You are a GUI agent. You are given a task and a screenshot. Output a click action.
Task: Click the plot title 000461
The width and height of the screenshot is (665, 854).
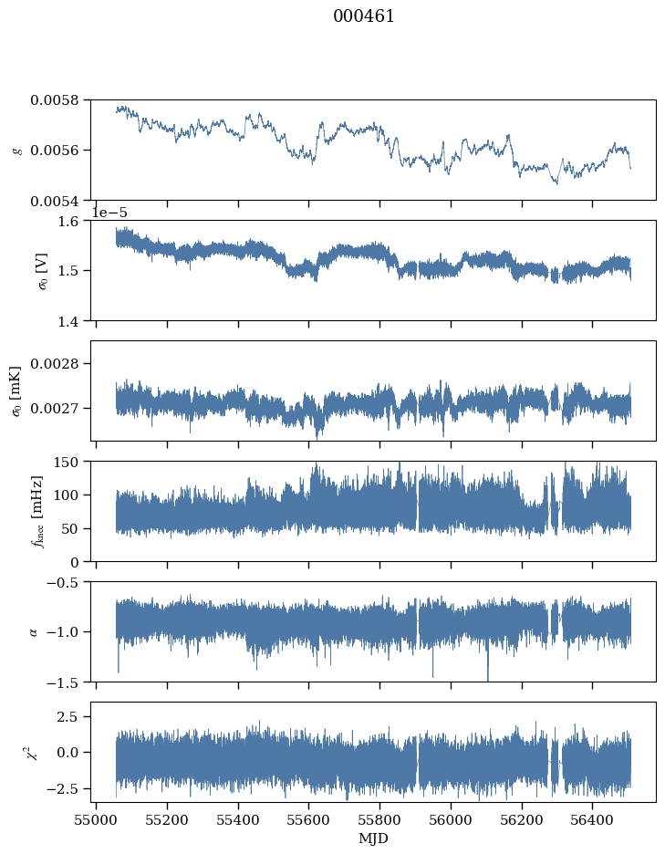[x=363, y=16]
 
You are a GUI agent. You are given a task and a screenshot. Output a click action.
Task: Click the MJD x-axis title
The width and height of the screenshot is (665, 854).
[x=373, y=838]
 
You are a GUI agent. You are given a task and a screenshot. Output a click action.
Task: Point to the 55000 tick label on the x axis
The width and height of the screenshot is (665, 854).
[x=97, y=820]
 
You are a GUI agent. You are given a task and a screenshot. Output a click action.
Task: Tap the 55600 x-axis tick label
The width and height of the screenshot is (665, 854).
[x=309, y=820]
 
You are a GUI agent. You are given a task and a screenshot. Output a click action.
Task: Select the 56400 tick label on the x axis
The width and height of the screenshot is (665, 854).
[x=593, y=820]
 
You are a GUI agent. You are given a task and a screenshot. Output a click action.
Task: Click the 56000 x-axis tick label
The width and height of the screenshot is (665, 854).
[x=451, y=820]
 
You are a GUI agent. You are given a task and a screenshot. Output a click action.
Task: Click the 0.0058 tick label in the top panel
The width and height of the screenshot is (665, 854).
[x=54, y=100]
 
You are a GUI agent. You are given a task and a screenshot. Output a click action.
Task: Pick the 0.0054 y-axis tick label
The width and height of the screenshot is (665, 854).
[x=54, y=202]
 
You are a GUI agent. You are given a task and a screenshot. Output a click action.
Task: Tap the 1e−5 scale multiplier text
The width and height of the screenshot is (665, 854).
[x=109, y=213]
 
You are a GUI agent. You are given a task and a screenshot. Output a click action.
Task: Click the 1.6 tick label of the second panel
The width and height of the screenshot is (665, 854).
[x=68, y=221]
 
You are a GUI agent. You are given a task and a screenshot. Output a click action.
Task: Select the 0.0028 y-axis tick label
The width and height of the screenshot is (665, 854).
[x=54, y=363]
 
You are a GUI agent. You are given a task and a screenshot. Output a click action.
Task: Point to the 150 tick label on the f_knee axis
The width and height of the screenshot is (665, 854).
[x=66, y=462]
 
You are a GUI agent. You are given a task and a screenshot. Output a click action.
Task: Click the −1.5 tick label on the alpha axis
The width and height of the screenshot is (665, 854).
[x=63, y=682]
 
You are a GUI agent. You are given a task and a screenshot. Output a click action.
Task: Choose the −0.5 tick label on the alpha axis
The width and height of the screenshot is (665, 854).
[x=63, y=582]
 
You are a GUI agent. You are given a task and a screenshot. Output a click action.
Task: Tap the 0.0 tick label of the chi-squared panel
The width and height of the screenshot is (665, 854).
[x=68, y=752]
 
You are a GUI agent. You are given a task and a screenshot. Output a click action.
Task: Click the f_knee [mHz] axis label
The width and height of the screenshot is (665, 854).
[x=37, y=512]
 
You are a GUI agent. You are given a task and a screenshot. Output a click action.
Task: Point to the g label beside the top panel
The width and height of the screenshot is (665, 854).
[x=18, y=151]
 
